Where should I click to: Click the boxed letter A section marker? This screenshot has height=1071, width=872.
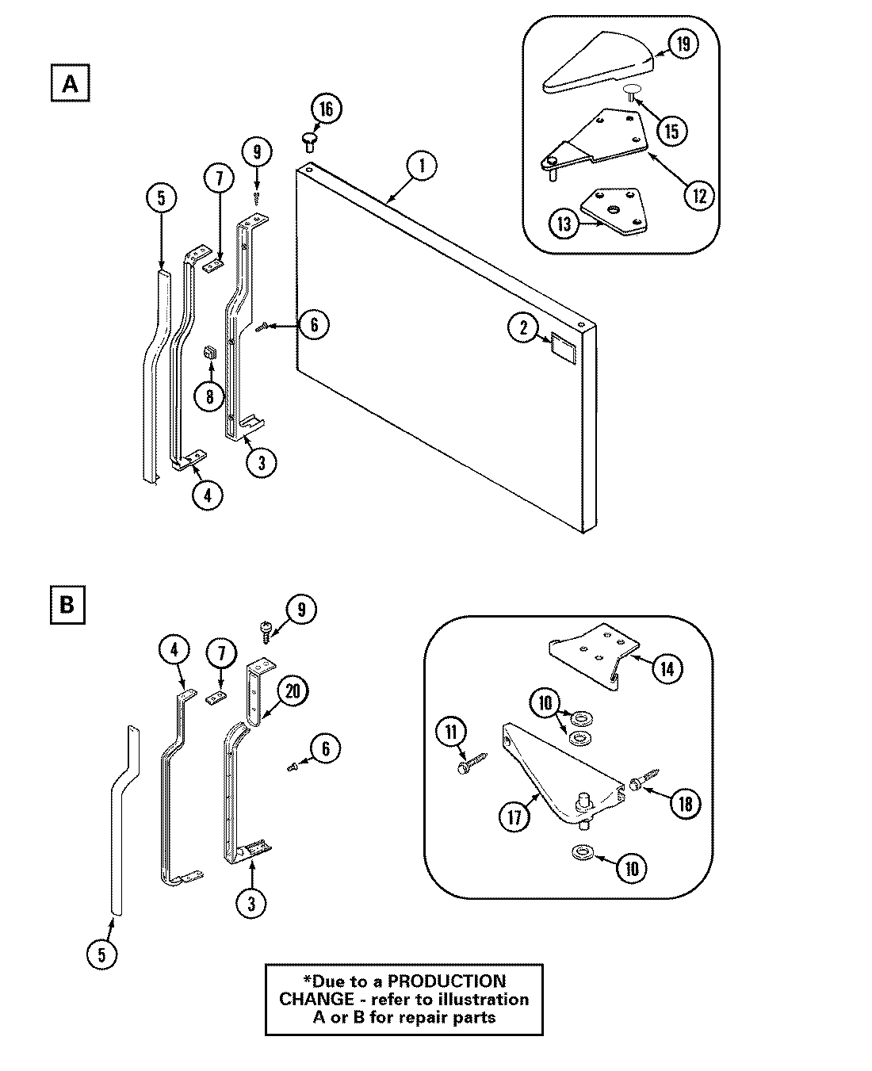71,83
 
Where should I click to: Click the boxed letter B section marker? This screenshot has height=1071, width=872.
67,604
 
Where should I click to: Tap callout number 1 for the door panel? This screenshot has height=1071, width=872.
422,166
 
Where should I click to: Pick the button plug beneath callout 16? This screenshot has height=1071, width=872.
309,141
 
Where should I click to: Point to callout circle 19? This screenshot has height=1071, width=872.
682,44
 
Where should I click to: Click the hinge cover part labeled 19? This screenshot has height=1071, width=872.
599,63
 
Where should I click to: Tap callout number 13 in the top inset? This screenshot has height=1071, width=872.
564,224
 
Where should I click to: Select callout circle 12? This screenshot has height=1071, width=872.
698,194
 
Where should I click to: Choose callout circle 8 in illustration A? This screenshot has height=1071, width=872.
209,396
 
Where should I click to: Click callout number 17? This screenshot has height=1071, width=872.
514,816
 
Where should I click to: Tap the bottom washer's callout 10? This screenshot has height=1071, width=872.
631,868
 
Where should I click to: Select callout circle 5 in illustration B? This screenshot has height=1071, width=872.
101,954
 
